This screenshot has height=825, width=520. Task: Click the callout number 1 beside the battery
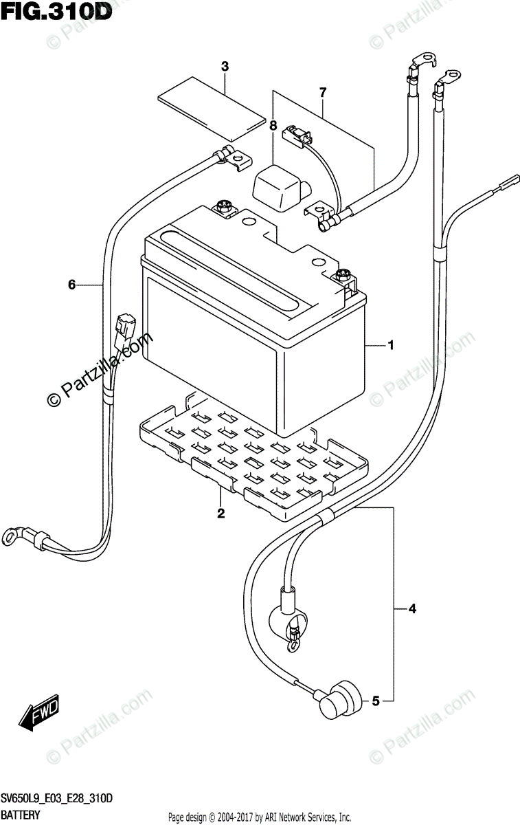pyautogui.click(x=391, y=346)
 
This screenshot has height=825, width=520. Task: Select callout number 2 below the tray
pyautogui.click(x=221, y=513)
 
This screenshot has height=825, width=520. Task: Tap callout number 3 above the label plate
pyautogui.click(x=225, y=67)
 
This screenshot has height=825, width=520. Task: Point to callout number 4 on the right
pyautogui.click(x=412, y=608)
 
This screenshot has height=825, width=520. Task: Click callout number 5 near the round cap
pyautogui.click(x=375, y=701)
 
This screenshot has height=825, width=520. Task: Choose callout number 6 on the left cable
pyautogui.click(x=71, y=285)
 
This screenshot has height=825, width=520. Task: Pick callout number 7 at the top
pyautogui.click(x=322, y=91)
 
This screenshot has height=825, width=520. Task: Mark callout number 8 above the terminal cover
pyautogui.click(x=273, y=126)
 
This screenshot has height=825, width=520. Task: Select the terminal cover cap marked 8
pyautogui.click(x=280, y=185)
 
